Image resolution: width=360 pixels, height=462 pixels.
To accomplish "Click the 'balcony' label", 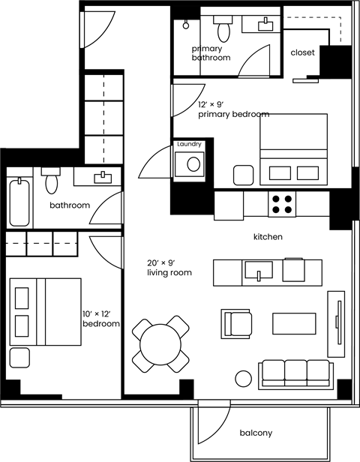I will (256, 433).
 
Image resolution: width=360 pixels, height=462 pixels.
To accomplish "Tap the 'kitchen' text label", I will (268, 236).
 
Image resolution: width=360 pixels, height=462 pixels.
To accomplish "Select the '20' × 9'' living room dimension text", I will (161, 262).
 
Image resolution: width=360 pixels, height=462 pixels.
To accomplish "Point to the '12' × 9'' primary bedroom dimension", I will (213, 105).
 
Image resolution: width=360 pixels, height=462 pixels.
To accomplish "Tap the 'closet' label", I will (303, 53).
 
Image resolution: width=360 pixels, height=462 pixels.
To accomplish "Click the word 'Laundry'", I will (189, 144).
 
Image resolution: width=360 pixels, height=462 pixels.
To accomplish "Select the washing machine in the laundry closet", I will (193, 163).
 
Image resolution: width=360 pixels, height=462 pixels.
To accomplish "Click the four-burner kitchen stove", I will (283, 204).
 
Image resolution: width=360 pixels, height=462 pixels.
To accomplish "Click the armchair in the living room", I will (238, 323).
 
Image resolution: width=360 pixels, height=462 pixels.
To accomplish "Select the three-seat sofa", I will (295, 373).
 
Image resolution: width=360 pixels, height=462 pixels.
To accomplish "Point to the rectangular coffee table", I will (293, 323).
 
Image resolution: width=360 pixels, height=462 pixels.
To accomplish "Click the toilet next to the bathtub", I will (51, 181).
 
